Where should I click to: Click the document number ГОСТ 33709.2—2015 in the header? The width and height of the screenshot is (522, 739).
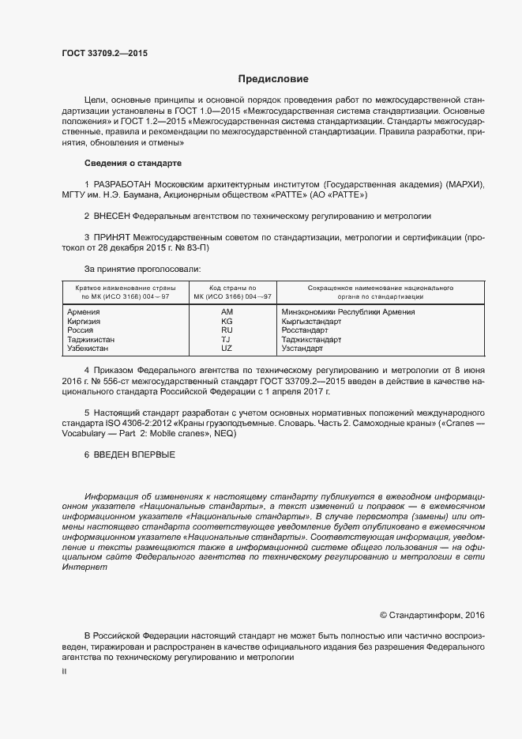pyautogui.click(x=104, y=54)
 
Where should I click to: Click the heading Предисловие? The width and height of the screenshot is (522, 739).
pyautogui.click(x=273, y=79)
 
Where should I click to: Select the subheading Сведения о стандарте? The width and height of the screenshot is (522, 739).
pyautogui.click(x=133, y=163)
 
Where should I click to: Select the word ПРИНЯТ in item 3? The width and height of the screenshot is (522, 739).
pyautogui.click(x=114, y=236)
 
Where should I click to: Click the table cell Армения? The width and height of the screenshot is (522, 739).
pyautogui.click(x=84, y=312)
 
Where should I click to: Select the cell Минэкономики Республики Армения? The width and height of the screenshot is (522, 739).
pyautogui.click(x=348, y=312)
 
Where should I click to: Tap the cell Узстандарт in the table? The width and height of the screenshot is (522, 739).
pyautogui.click(x=302, y=348)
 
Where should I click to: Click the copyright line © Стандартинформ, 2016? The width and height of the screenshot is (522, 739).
pyautogui.click(x=432, y=614)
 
